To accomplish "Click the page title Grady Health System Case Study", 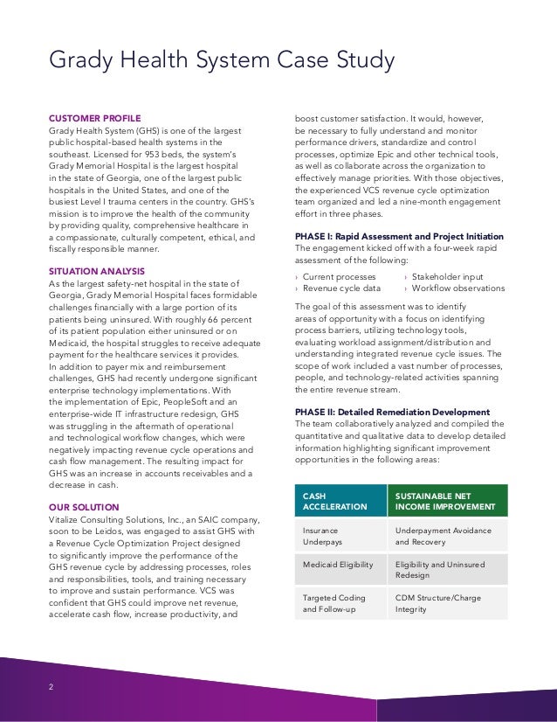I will (x=222, y=60).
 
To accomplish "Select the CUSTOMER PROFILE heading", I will (x=94, y=118).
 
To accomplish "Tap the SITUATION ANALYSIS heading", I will (x=97, y=272).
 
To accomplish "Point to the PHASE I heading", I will (x=399, y=236).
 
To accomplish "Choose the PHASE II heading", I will (x=392, y=412).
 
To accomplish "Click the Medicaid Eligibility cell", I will (x=338, y=565).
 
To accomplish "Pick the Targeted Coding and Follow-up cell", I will (x=334, y=602).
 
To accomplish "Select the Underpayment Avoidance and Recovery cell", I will (x=443, y=536).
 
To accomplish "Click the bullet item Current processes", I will (x=340, y=276).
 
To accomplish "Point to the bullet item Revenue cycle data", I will (x=341, y=288).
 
